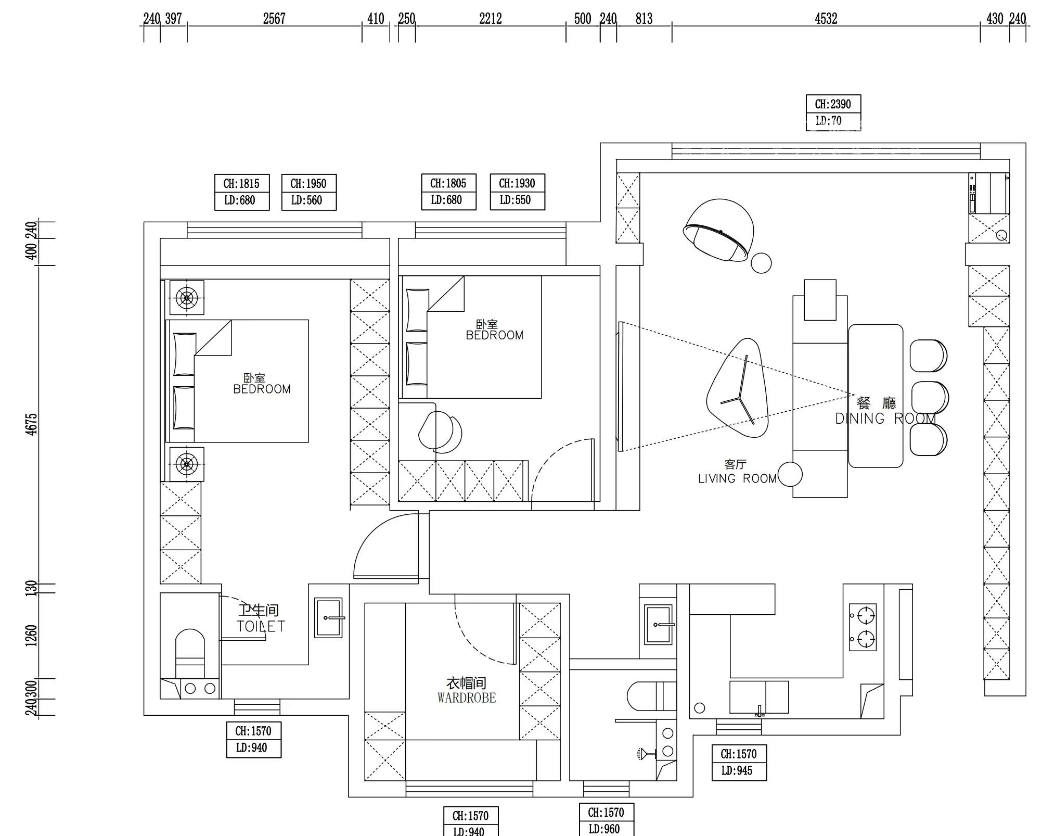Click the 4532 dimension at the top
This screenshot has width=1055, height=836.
coord(826,19)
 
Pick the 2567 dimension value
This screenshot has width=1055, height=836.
coord(274,19)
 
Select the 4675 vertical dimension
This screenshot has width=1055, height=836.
coord(32,424)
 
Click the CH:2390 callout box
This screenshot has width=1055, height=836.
coord(833,112)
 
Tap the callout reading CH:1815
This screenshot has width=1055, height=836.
coord(242,192)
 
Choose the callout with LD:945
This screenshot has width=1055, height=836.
coord(739,762)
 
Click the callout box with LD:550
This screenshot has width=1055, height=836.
coord(517,192)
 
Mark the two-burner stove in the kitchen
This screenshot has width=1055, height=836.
coord(863,627)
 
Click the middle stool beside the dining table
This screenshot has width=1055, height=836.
coord(929,398)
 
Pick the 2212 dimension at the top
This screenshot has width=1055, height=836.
coord(490,19)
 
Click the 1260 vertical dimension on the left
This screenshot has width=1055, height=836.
coord(32,636)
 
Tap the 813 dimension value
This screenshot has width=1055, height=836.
coord(644,19)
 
